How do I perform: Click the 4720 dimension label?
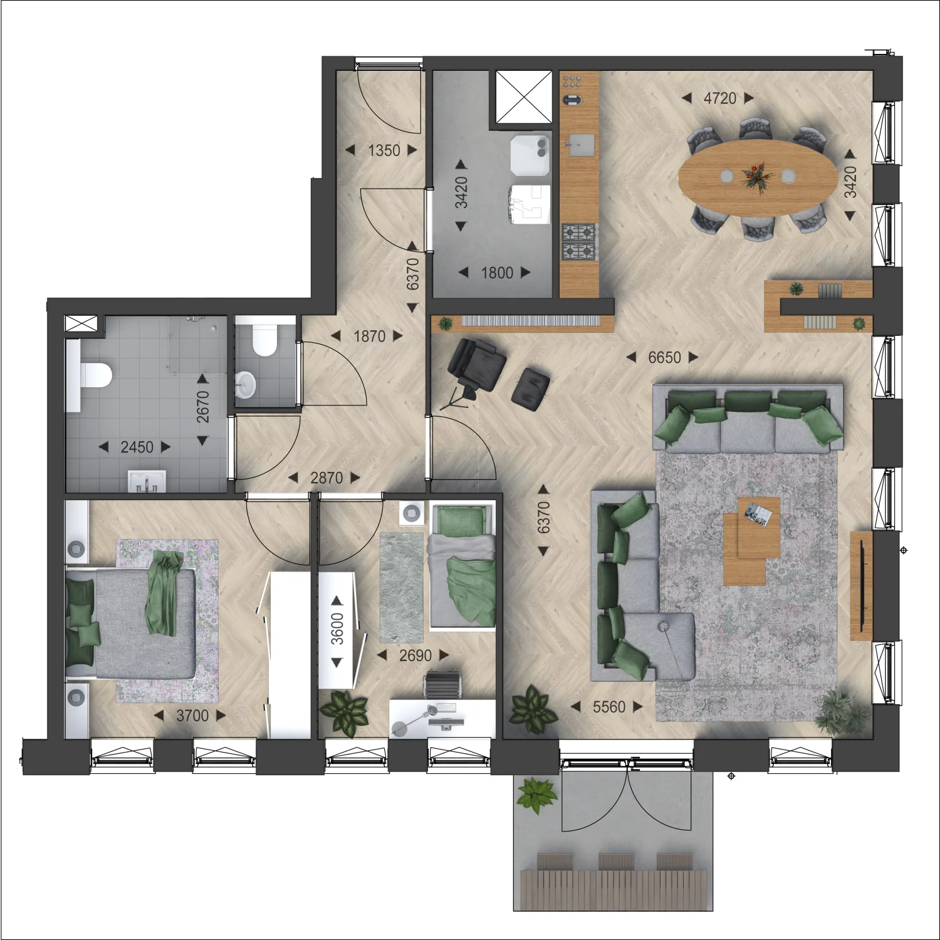[720, 98]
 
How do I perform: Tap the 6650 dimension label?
[664, 357]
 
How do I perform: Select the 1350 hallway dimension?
[384, 150]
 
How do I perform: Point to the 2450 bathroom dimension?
[137, 447]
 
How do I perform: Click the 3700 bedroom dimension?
[192, 716]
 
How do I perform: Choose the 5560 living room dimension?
[609, 707]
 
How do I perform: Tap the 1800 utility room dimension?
[497, 273]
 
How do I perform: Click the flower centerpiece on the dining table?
[755, 176]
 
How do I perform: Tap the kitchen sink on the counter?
[580, 145]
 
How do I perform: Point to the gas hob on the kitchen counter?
[580, 242]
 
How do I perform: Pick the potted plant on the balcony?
[536, 795]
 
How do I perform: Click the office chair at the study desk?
[444, 684]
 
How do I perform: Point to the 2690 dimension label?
[415, 655]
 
